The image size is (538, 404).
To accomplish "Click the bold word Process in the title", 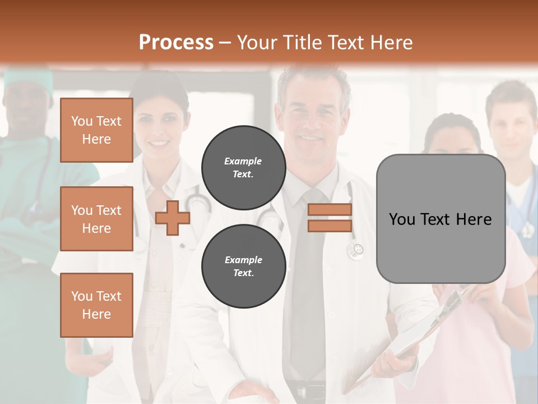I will (176, 42).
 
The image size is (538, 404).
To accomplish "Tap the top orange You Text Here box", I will (96, 130).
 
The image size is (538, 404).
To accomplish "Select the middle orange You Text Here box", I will (96, 219).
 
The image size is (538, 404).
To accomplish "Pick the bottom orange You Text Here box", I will (96, 305).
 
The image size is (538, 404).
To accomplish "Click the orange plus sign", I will (173, 218).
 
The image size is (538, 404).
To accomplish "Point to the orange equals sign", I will (330, 218).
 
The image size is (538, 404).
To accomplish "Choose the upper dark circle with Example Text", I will (243, 167).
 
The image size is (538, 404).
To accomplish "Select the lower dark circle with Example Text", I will (243, 266).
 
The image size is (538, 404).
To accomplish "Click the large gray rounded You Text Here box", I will (440, 219).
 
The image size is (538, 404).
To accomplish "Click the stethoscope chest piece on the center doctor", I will (355, 251).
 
